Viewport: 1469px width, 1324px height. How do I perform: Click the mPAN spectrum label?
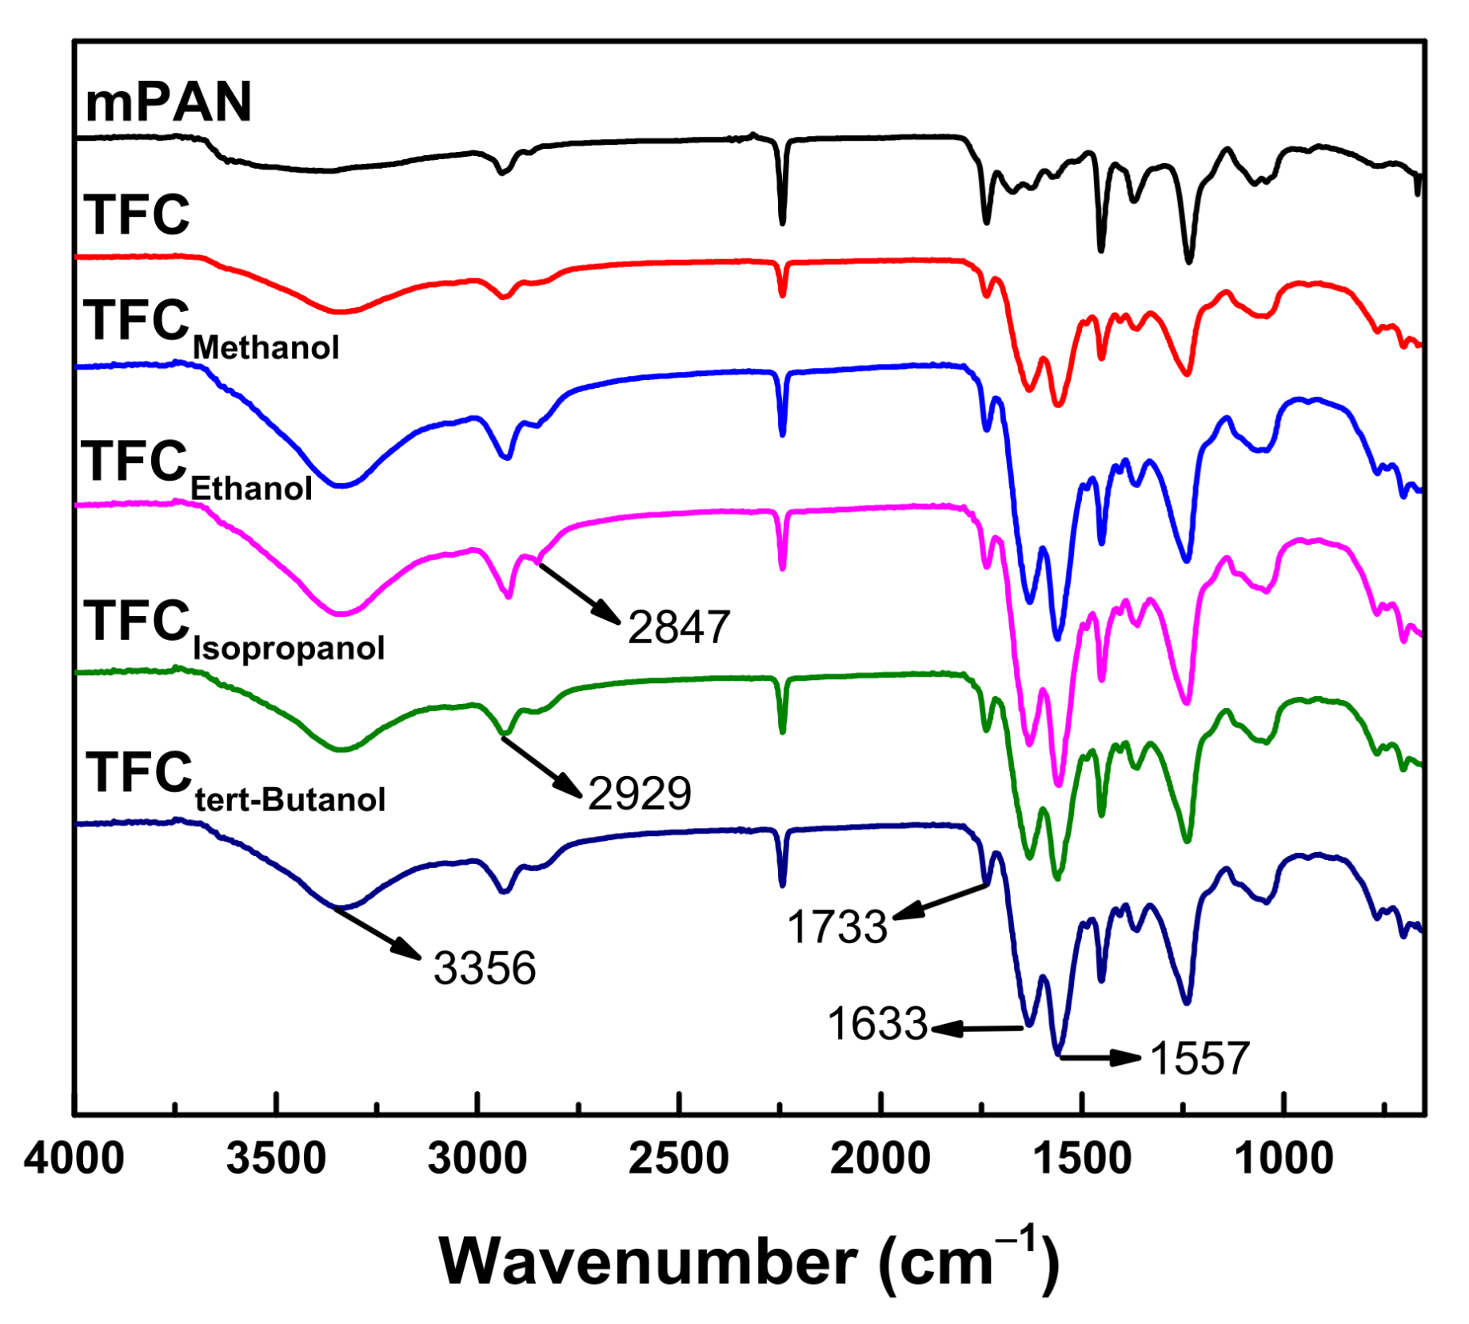pos(169,102)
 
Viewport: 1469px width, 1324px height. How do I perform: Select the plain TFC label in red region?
pos(137,215)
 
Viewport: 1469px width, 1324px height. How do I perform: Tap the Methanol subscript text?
pos(266,348)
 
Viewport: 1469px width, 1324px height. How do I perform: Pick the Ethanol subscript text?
pos(251,488)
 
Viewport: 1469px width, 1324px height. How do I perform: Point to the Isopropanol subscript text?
pos(289,647)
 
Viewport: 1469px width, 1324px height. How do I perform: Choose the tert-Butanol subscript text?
pos(290,799)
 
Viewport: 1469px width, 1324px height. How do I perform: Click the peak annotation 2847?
pos(679,626)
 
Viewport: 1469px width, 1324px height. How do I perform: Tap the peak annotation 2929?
pos(640,794)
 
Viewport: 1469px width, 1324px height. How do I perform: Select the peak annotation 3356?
pos(485,968)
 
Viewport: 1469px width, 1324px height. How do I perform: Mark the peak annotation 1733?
pos(837,927)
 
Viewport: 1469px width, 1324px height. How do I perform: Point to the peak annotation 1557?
pos(1200,1058)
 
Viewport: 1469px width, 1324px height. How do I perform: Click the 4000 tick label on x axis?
pos(74,1158)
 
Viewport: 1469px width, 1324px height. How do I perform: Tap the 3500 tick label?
pos(276,1158)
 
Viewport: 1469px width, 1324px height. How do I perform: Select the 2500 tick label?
pos(679,1158)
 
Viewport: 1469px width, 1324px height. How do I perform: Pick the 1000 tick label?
pos(1283,1158)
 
